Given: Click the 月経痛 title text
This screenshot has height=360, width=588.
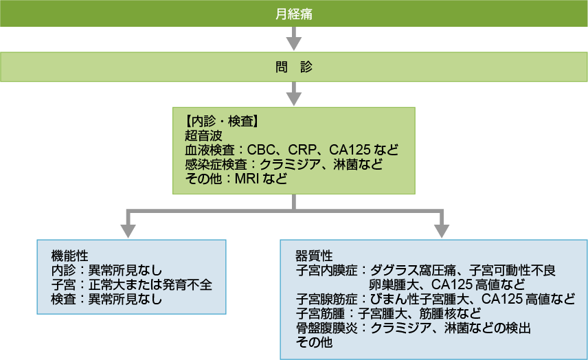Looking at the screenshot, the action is point(293,14).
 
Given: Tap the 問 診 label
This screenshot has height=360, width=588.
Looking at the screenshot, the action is point(293,67).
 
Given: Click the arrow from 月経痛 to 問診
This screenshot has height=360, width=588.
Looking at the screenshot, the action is point(293,38).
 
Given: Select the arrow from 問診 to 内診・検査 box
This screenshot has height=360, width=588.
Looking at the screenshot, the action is point(293,93).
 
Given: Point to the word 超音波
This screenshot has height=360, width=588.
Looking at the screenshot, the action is point(203,135).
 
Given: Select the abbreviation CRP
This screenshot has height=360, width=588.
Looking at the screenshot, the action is point(302,150).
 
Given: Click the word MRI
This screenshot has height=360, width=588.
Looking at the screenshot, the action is point(247,179).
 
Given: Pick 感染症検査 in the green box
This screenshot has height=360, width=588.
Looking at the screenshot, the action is point(216,164).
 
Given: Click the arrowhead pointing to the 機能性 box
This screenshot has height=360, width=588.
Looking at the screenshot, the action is point(128,231).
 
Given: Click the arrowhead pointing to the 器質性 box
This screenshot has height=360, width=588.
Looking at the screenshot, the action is point(442,231).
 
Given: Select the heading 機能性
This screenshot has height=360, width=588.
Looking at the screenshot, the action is point(70,256).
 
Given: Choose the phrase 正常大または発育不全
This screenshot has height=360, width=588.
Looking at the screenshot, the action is point(150,284).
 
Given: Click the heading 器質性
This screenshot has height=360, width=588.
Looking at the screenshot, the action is point(314,256).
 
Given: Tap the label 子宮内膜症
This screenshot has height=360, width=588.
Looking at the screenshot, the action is point(326,271).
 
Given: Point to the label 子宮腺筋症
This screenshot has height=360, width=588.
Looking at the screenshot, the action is point(326,300).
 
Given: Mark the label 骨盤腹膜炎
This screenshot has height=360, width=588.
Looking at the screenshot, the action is point(326,328).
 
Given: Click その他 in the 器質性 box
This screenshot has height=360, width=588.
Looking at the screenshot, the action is point(314,342).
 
